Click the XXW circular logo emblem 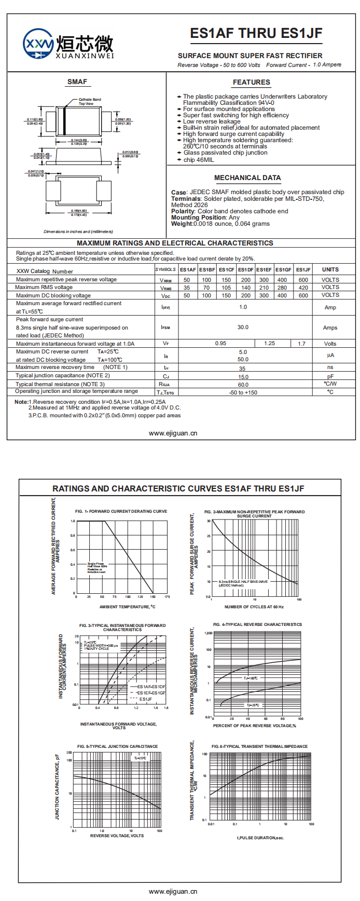[x=39, y=43]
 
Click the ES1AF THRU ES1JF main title [x=256, y=34]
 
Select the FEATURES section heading [x=251, y=82]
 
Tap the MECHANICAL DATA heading [x=247, y=178]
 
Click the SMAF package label [x=77, y=81]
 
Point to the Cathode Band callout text [x=90, y=100]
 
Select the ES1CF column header [x=227, y=270]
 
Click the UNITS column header [x=330, y=270]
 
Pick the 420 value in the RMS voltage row [x=303, y=288]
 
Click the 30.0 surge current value [x=243, y=327]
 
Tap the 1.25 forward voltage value [x=270, y=344]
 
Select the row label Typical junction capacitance [x=63, y=375]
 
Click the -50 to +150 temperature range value [x=243, y=392]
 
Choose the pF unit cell [x=330, y=377]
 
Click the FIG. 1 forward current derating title [x=121, y=511]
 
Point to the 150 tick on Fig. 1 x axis [x=153, y=597]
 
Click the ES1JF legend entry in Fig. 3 [x=146, y=699]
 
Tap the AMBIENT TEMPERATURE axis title [x=127, y=607]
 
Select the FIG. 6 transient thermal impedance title [x=259, y=746]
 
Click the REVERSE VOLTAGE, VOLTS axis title [x=117, y=836]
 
